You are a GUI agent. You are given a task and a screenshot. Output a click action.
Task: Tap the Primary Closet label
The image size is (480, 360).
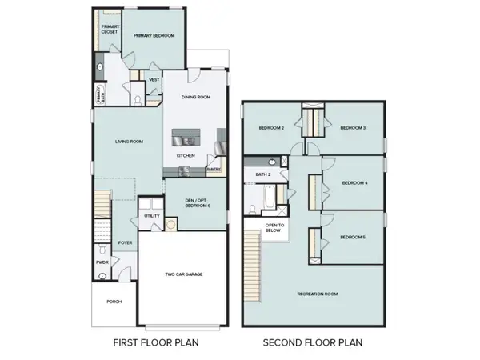pyautogui.click(x=110, y=30)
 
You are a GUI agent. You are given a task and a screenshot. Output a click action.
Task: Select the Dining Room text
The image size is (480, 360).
pyautogui.click(x=195, y=97)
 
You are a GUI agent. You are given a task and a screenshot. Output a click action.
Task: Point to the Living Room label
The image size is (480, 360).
pyautogui.click(x=130, y=142)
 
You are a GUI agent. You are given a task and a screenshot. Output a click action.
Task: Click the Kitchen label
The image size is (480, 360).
pyautogui.click(x=186, y=155)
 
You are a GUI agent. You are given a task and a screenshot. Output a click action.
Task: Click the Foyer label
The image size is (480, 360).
pyautogui.click(x=126, y=242)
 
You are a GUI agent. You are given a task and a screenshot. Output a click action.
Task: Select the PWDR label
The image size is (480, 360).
pyautogui.click(x=102, y=262)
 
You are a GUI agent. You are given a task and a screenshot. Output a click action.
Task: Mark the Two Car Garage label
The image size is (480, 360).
pyautogui.click(x=183, y=274)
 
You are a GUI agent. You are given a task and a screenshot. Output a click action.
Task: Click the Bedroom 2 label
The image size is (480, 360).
pyautogui.click(x=272, y=128)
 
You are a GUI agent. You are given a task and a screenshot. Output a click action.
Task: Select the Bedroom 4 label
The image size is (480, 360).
pyautogui.click(x=354, y=182)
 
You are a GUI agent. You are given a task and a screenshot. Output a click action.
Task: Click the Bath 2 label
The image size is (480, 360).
pyautogui.click(x=263, y=174)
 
